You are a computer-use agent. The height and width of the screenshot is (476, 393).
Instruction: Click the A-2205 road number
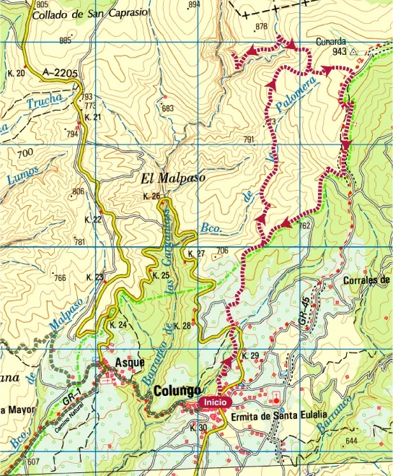(60, 72)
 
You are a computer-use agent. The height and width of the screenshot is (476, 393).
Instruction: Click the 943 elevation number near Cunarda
(340, 52)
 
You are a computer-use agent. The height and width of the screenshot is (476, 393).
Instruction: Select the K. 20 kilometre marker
(16, 73)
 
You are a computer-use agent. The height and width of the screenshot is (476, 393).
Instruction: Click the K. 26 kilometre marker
(151, 196)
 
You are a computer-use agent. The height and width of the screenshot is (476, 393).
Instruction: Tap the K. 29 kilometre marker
(250, 356)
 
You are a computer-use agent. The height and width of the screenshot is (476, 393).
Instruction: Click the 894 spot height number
(193, 4)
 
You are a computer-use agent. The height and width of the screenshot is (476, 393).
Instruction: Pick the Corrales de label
(367, 280)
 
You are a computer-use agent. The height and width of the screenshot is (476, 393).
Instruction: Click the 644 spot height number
(351, 441)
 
